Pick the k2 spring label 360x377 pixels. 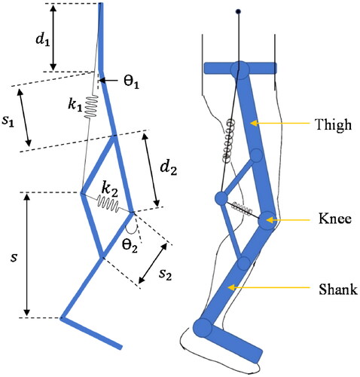click(111, 185)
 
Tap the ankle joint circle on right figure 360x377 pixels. click(202, 327)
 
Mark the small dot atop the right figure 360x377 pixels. click(239, 11)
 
